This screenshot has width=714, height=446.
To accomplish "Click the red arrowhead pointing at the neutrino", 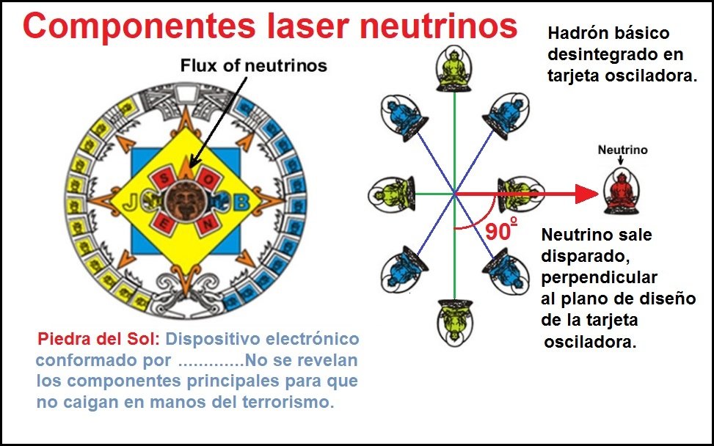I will tap(586, 194).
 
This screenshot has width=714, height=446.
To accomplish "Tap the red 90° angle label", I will tap(500, 231).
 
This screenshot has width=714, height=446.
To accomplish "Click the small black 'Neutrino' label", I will tap(622, 150).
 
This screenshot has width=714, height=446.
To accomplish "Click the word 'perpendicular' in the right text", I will tap(599, 278).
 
